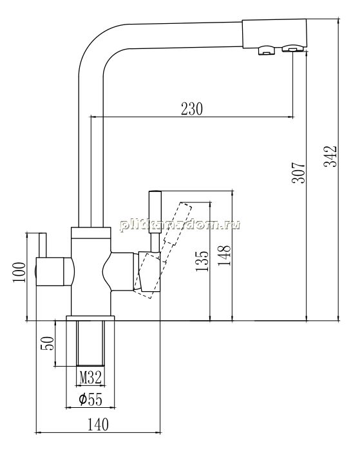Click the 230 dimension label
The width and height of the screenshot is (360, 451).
pos(192,109)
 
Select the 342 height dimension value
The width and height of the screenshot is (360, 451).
pos(330,157)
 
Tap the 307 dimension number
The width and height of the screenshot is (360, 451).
pos(298,173)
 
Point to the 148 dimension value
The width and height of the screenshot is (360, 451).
pos(224,255)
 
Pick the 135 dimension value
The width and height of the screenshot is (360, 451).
pos(202,261)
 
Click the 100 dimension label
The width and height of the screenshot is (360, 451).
pos(19,273)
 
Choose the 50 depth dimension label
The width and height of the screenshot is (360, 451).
pos(48,343)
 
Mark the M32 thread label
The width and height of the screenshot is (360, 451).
pos(91,378)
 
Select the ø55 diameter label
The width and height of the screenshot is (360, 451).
pos(90,399)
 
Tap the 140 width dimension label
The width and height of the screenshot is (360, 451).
pos(98,425)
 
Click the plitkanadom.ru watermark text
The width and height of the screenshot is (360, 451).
pos(180,225)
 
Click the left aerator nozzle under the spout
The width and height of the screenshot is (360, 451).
pos(267,50)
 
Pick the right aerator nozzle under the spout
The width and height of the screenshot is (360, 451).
pos(292,48)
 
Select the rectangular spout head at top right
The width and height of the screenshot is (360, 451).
pos(274,34)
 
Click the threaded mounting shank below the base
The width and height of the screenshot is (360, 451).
pos(90,343)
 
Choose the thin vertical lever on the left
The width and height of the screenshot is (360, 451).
pos(43,244)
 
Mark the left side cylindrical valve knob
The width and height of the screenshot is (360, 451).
pos(55,271)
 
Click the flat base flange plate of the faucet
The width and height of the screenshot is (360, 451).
pos(90,318)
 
